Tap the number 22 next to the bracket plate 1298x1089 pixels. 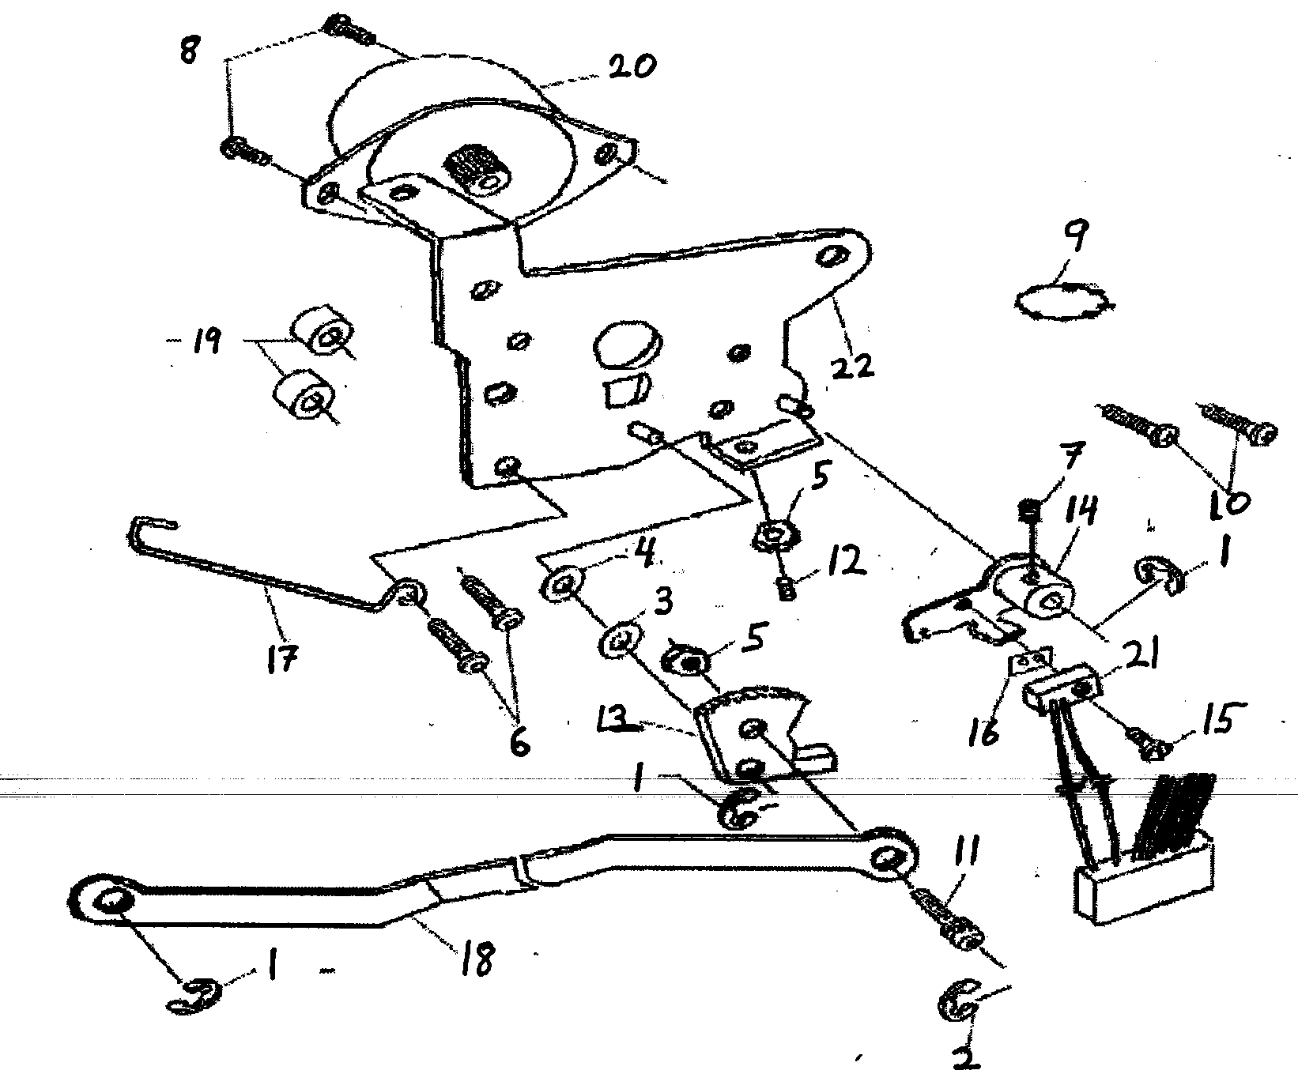853,364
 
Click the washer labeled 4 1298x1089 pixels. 562,586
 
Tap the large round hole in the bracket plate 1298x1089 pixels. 624,347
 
